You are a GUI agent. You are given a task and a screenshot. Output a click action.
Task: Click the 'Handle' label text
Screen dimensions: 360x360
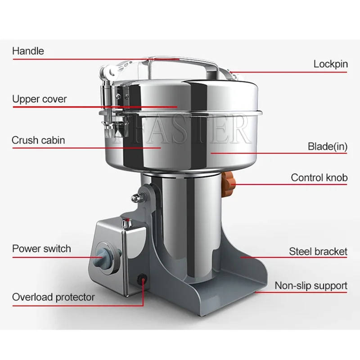[28, 51]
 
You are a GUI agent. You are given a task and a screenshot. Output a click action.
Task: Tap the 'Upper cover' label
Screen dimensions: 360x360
[39, 99]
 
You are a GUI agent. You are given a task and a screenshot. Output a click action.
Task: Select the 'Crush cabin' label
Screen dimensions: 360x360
[38, 140]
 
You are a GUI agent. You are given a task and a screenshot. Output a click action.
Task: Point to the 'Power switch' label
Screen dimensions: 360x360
[41, 248]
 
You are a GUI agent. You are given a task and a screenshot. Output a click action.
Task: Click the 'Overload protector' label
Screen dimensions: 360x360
[54, 297]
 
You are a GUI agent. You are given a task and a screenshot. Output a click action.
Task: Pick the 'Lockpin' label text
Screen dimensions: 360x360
[331, 64]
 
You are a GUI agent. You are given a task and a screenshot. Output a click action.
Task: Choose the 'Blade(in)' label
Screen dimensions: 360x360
[328, 146]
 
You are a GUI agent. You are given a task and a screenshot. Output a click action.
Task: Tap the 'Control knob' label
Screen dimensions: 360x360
[319, 178]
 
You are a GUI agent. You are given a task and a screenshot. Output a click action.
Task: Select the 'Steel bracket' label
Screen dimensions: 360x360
[318, 251]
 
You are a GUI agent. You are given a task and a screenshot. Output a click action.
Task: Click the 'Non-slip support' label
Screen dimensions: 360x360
[311, 286]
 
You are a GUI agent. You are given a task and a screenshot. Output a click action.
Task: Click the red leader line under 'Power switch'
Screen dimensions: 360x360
[54, 257]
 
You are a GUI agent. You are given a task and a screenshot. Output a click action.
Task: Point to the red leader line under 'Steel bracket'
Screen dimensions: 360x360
[292, 258]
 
